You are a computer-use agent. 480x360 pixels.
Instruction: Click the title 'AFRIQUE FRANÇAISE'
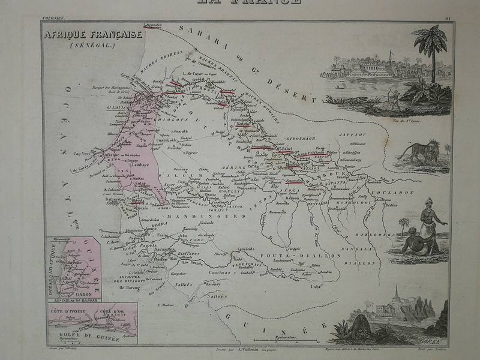point(92,35)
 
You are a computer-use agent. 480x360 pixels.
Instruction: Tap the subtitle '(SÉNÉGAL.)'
point(92,45)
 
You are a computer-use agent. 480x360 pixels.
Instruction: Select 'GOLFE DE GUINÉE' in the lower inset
point(93,338)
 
